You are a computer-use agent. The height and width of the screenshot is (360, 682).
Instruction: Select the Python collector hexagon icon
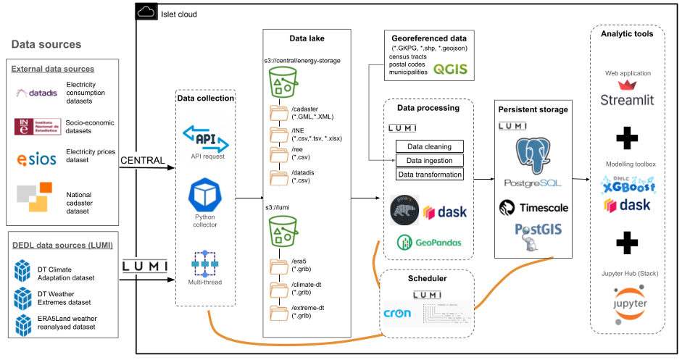[x=204, y=196]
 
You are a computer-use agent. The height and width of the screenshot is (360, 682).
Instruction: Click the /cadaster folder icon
[x=279, y=114]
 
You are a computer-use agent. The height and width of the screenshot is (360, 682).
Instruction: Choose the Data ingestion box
[x=429, y=160]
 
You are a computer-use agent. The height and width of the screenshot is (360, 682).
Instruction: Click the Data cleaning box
[x=429, y=146]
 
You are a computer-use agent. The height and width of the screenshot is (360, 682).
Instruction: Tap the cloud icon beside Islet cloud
[x=146, y=12]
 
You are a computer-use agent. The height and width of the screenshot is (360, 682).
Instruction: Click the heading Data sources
[x=46, y=45]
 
